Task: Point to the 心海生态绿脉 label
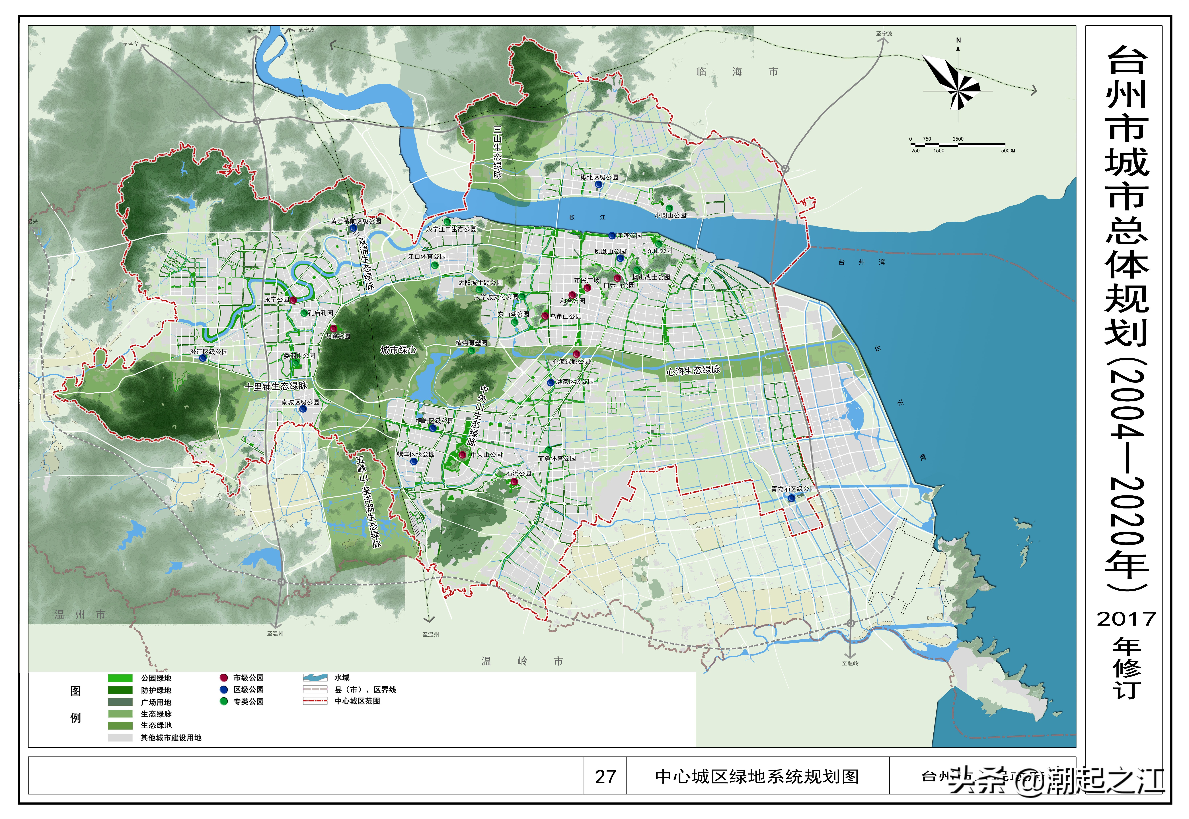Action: point(693,370)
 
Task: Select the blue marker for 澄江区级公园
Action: point(203,358)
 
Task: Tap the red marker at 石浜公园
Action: point(514,481)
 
